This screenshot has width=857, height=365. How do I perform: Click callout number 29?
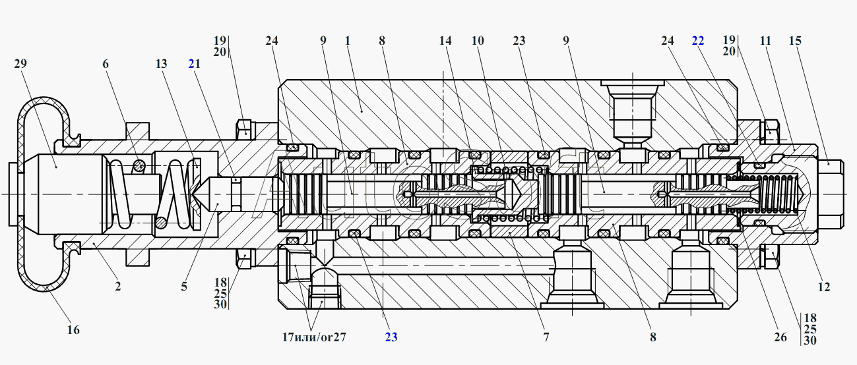(x=20, y=63)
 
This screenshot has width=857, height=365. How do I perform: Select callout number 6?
(x=106, y=63)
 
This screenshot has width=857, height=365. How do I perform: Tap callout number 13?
(x=162, y=63)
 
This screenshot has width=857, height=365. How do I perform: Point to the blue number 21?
(x=195, y=63)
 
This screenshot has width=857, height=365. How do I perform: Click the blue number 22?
(x=698, y=40)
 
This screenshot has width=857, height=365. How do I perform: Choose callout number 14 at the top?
(x=445, y=40)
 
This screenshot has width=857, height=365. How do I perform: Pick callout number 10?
(x=478, y=40)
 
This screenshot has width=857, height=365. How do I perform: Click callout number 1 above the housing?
(x=348, y=40)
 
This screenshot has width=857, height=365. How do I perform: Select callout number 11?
(x=765, y=40)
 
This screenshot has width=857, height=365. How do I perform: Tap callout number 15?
(x=795, y=40)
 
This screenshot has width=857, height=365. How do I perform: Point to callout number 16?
(x=73, y=330)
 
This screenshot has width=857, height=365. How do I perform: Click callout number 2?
(x=118, y=286)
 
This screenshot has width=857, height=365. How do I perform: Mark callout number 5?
(x=184, y=286)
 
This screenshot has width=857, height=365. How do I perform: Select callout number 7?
(x=546, y=337)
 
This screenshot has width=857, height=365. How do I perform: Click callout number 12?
(x=824, y=287)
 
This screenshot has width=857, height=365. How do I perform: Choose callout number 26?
(x=780, y=337)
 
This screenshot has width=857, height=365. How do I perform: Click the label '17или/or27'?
(x=314, y=337)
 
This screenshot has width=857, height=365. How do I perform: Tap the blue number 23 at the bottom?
(x=391, y=337)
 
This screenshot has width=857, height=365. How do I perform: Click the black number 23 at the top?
(x=519, y=40)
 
